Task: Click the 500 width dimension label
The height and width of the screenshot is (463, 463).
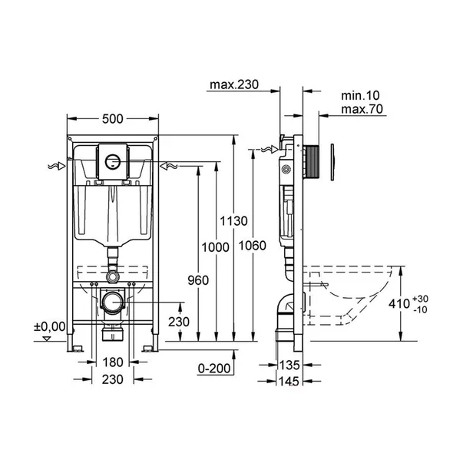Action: (113, 119)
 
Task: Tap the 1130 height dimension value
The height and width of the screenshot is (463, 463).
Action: (234, 221)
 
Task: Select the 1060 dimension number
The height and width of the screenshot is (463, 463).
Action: (253, 246)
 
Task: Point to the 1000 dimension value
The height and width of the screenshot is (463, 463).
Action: (215, 247)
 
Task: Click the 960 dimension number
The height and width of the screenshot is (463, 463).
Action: (198, 280)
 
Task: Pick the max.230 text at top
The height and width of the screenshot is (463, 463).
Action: (234, 84)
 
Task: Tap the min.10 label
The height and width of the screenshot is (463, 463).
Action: (360, 96)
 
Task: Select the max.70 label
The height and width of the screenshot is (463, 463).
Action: (362, 109)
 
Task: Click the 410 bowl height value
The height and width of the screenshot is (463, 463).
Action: (399, 303)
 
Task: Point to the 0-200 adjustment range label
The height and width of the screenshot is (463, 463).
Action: (214, 369)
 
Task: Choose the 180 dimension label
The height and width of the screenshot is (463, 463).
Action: (113, 362)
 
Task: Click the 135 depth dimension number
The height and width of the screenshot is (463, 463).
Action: (289, 365)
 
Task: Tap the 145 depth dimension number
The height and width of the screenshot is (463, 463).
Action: (289, 381)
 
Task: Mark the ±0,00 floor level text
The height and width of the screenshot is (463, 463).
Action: (50, 326)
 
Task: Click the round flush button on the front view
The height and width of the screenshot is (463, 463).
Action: (113, 161)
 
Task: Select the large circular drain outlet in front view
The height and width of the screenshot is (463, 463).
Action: (113, 303)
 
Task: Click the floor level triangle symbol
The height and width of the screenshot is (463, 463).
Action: (47, 339)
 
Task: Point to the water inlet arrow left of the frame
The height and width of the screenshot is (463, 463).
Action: (57, 167)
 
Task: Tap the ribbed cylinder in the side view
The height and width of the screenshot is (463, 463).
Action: (311, 162)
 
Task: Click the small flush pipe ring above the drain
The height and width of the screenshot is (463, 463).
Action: (113, 276)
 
